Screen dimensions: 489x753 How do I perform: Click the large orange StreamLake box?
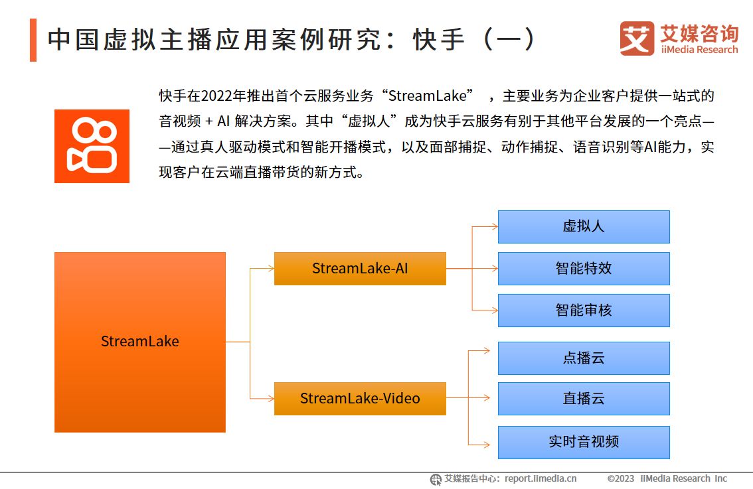139,342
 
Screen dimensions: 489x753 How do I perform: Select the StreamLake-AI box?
360,268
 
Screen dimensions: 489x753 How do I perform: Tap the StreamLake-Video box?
360,398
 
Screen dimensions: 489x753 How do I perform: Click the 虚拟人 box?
584,226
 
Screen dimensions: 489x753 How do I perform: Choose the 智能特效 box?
584,268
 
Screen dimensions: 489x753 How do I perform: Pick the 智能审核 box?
584,310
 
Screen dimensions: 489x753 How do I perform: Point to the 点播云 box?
584,358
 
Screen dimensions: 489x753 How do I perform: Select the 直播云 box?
584,399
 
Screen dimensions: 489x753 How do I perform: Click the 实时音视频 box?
584,442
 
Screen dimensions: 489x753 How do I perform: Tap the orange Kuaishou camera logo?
92,146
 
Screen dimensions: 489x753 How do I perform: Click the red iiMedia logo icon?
637,38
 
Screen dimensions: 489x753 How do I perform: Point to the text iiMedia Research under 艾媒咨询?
699,50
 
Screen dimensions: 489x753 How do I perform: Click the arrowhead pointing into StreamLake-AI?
270,268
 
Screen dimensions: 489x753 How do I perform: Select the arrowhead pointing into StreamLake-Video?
270,398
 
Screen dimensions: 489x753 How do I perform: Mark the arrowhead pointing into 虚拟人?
494,226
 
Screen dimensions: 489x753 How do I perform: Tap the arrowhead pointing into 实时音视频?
494,442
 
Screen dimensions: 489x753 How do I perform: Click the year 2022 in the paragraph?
214,96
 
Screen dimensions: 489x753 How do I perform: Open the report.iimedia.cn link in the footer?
541,478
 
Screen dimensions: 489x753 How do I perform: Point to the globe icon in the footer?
436,479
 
